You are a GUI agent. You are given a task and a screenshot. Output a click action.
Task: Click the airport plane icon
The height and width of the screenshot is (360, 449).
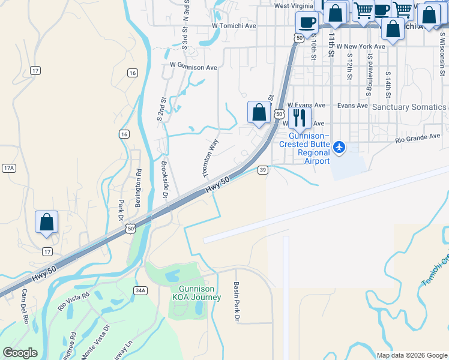coord(339,147)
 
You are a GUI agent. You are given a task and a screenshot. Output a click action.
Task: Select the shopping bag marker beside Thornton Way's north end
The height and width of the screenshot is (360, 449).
coord(259,112)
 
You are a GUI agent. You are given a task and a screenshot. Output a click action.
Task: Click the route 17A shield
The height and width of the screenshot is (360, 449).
coord(8,168)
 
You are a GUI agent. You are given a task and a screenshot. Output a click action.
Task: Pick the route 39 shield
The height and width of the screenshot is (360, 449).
coord(263,170)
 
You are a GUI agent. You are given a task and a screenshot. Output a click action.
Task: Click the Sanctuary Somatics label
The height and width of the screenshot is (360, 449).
coord(409,107)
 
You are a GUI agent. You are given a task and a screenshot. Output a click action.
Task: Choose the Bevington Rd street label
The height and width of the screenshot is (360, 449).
coord(137,188)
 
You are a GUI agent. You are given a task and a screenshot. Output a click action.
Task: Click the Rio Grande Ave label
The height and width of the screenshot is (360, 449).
coord(418,138)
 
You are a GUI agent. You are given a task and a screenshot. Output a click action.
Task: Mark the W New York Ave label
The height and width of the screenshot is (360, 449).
coord(361,46)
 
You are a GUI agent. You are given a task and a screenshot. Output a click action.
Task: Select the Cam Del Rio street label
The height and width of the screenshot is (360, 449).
coord(25,306)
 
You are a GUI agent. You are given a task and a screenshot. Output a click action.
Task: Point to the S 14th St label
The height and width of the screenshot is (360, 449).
coord(388,85)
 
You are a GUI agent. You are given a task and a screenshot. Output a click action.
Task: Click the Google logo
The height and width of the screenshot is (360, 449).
coord(20,353)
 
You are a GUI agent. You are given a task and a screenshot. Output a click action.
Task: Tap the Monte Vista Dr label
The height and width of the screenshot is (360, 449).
coord(96,341)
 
